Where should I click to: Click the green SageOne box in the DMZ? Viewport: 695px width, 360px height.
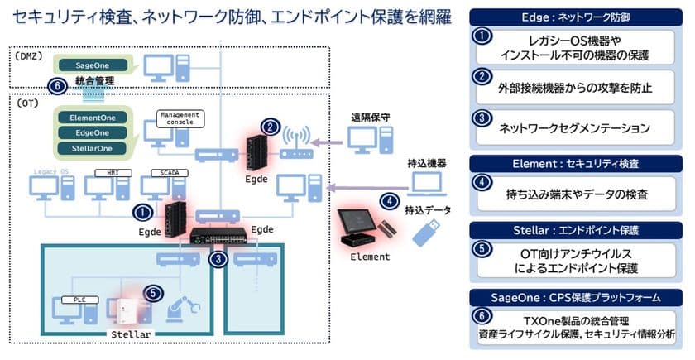tap(91, 65)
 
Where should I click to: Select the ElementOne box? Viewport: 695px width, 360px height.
tap(91, 117)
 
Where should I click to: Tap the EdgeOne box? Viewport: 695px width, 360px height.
tap(91, 132)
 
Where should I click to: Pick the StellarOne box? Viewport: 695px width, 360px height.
tap(91, 148)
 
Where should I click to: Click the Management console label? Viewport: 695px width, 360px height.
tap(179, 117)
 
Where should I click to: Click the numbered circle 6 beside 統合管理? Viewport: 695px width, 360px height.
tap(56, 84)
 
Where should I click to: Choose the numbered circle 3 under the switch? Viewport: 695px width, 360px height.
tap(218, 258)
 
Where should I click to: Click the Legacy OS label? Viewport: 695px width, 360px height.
tap(51, 171)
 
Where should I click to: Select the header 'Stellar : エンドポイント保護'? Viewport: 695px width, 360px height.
tap(578, 228)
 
